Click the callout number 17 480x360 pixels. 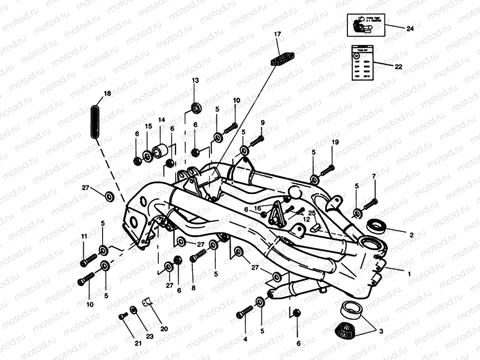pos(277,34)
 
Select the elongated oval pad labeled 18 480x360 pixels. pos(96,122)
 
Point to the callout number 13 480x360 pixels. pos(195,80)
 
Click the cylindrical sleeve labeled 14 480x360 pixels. pos(160,150)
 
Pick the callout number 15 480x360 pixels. pos(149,126)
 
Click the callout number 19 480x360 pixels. pos(335,142)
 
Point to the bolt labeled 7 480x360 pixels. pos(370,204)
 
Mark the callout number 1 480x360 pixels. pos(409,273)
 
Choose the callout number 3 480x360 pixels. pos(381,331)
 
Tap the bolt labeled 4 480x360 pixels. pos(245,313)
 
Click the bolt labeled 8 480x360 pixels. pos(197,257)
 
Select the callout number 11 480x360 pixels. pos(84,236)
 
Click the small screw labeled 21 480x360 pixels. pos(123,316)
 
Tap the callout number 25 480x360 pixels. pos(312,213)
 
